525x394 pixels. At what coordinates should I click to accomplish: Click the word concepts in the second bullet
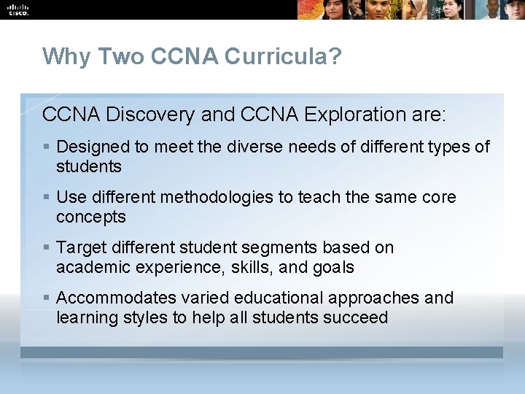(x=90, y=217)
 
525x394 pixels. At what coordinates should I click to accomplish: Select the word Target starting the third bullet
(x=78, y=247)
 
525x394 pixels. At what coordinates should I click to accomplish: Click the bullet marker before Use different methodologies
(x=47, y=197)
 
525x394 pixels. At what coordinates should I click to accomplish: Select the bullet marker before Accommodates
(x=47, y=298)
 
